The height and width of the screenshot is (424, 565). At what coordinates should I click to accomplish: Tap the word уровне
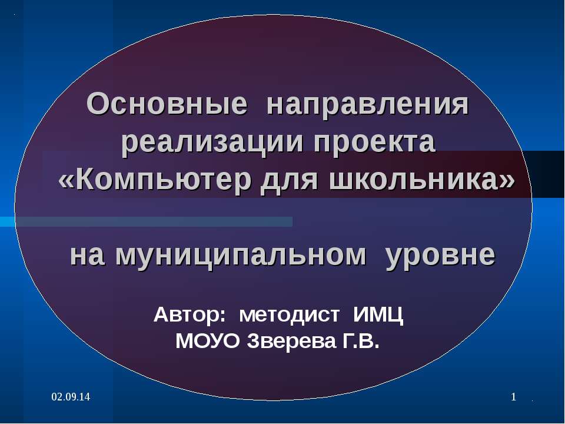tap(441, 255)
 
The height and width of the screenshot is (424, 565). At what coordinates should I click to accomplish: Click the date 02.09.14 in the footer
tap(70, 398)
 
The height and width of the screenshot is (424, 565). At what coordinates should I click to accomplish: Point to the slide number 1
tap(513, 398)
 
